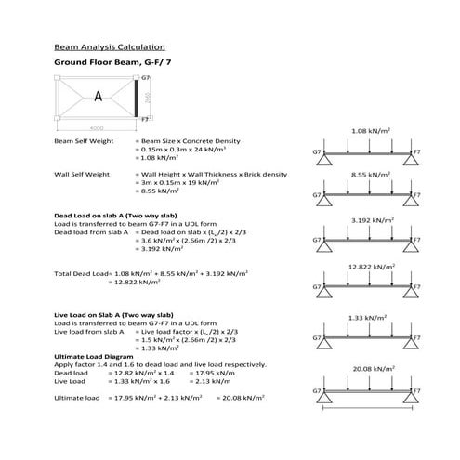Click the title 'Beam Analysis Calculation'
tap(110, 46)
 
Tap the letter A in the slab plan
tap(98, 96)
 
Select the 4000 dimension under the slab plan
tap(97, 127)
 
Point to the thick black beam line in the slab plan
tap(137, 97)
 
